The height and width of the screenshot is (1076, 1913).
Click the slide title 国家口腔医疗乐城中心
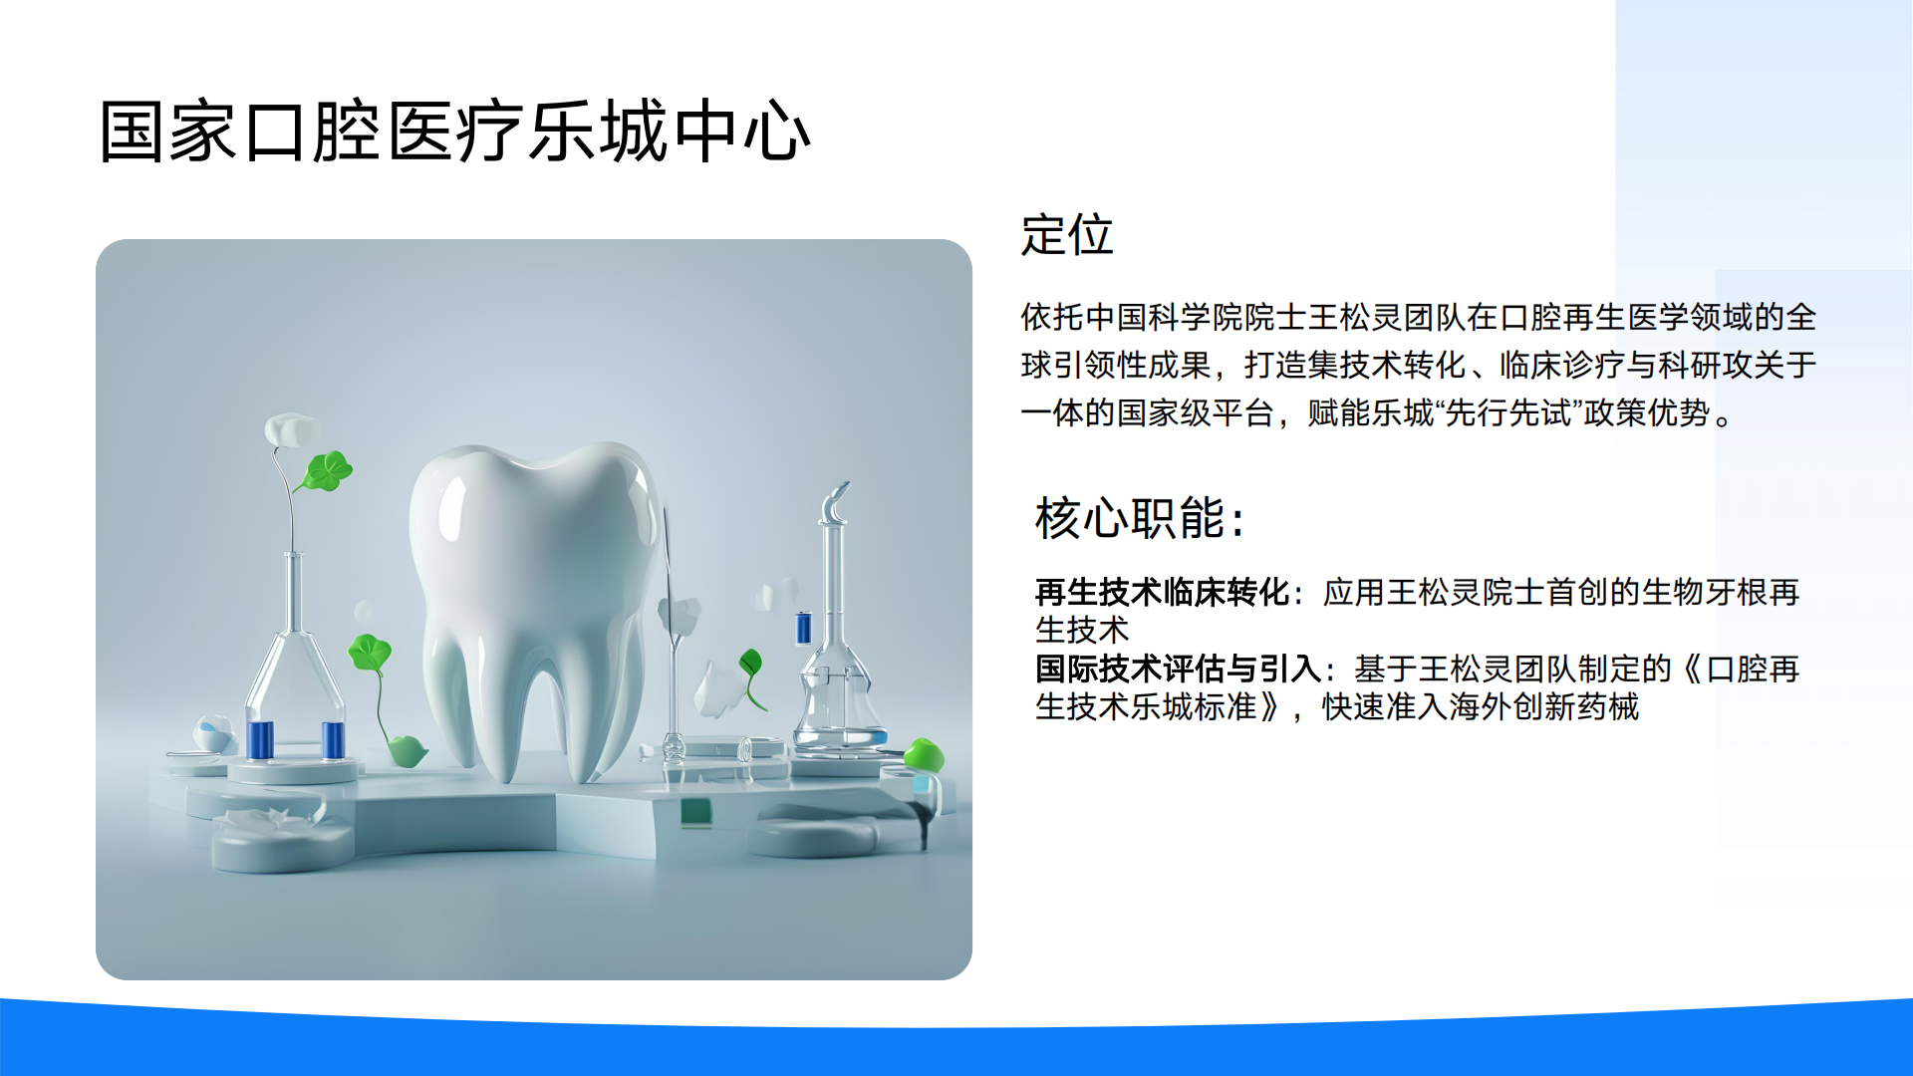[455, 132]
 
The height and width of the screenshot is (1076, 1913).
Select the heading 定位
[1067, 235]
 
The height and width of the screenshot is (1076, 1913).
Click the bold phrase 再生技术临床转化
[1163, 593]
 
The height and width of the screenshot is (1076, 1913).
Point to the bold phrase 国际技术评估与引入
[1179, 669]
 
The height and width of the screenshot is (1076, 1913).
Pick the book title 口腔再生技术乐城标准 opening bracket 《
[1691, 669]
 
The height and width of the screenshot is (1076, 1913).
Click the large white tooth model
[538, 608]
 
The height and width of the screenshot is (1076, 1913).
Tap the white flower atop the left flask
[290, 430]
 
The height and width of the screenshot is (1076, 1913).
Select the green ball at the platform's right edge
[925, 754]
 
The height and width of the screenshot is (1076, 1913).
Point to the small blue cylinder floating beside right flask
[803, 628]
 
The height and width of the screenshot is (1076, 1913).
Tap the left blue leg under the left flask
[260, 740]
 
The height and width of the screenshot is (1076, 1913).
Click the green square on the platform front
[696, 812]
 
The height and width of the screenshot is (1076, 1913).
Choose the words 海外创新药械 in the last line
[1543, 707]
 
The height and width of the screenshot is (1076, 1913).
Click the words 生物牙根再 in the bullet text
[1721, 593]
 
